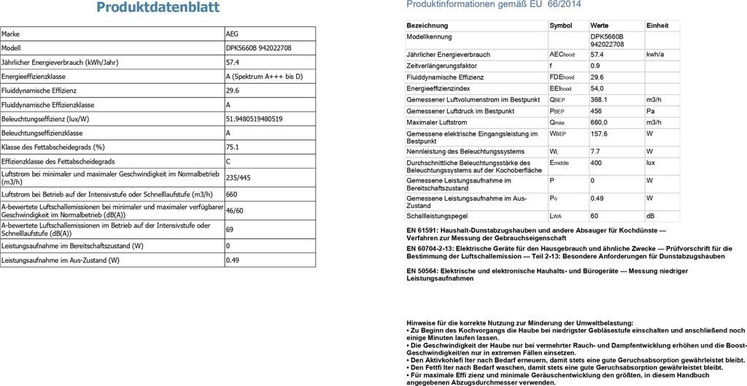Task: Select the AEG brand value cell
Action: pyautogui.click(x=232, y=34)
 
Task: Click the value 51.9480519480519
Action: pyautogui.click(x=255, y=119)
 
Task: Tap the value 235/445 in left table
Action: pyautogui.click(x=239, y=177)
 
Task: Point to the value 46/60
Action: pyautogui.click(x=235, y=210)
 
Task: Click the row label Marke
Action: pyautogui.click(x=11, y=34)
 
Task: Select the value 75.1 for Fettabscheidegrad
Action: pyautogui.click(x=233, y=147)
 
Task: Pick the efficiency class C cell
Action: pyautogui.click(x=229, y=161)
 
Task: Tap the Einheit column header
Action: pyautogui.click(x=657, y=26)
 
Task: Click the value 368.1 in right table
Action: pyautogui.click(x=599, y=99)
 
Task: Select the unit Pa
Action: pyautogui.click(x=650, y=111)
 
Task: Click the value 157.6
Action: pyautogui.click(x=599, y=134)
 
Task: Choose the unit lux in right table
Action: pyautogui.click(x=651, y=162)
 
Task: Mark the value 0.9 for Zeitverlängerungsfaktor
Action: pyautogui.click(x=595, y=66)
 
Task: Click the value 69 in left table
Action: pyautogui.click(x=230, y=229)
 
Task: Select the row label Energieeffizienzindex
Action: pyautogui.click(x=438, y=88)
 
